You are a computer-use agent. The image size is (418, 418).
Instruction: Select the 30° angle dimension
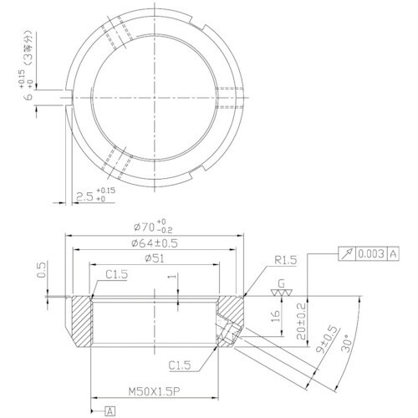(x=348, y=345)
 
